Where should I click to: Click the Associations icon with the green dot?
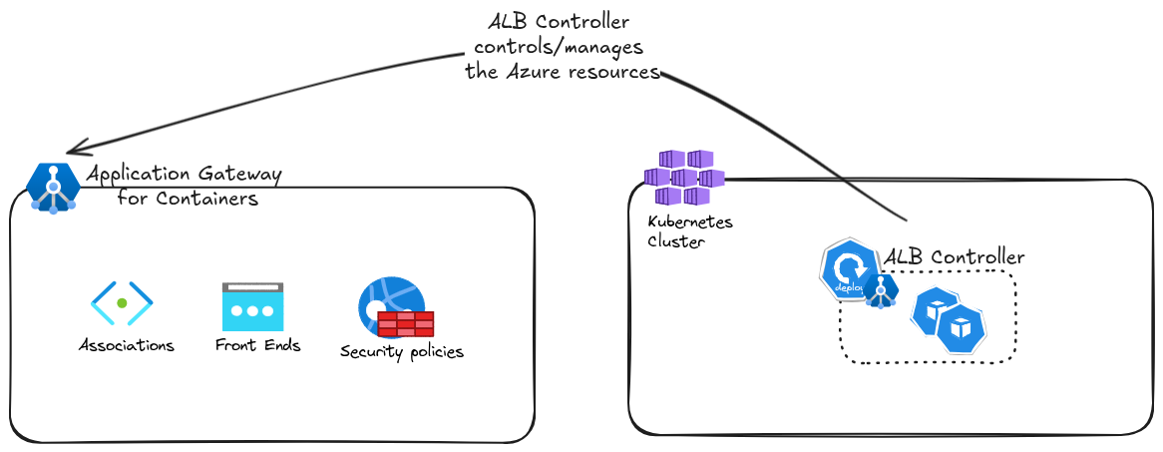point(122,303)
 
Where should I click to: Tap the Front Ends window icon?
point(252,307)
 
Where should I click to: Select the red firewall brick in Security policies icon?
point(406,323)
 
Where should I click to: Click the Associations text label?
point(127,346)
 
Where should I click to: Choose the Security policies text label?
point(402,351)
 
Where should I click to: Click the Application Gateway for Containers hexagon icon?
point(53,188)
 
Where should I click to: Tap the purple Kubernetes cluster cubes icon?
point(683,177)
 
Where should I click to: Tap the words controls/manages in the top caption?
point(559,47)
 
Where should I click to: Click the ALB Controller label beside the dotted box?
point(955,256)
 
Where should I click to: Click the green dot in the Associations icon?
point(122,302)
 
